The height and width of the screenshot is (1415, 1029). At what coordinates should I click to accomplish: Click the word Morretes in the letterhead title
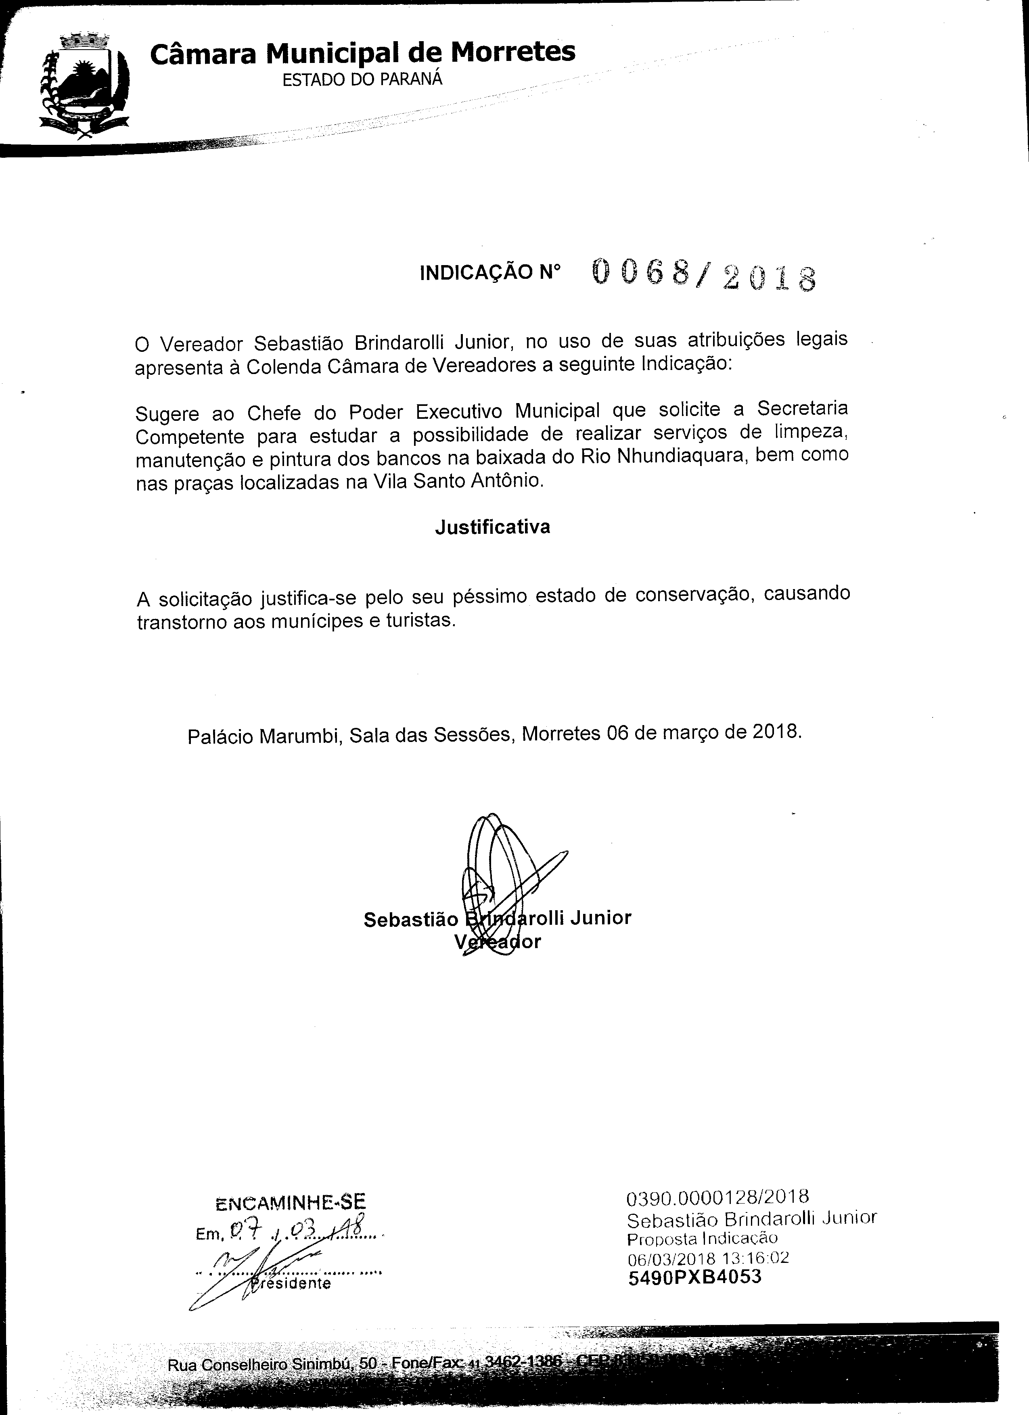point(512,52)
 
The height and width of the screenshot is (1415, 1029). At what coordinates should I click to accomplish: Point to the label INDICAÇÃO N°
point(490,273)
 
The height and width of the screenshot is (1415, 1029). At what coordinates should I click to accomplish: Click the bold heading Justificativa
point(492,527)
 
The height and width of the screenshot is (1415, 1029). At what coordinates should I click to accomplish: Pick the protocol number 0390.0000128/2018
point(717,1197)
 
